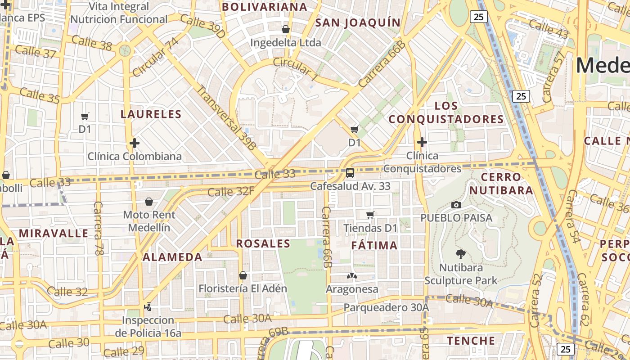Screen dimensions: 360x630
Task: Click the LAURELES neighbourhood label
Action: (x=151, y=114)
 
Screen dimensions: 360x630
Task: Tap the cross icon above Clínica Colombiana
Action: (x=134, y=143)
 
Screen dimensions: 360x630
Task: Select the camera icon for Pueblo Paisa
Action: (x=456, y=205)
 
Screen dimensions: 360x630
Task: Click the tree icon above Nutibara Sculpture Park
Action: (x=460, y=254)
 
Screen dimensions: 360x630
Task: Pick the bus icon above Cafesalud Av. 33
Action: (x=350, y=172)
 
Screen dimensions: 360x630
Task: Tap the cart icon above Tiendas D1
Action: (x=370, y=215)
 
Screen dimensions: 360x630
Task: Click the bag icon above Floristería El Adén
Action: (x=243, y=275)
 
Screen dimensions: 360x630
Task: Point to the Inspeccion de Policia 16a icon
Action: (x=148, y=307)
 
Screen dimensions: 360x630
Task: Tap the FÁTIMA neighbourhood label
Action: (x=374, y=246)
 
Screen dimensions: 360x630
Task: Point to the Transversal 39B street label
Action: (x=226, y=117)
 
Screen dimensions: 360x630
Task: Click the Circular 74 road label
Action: (x=155, y=57)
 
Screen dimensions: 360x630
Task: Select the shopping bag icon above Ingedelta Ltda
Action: (x=285, y=30)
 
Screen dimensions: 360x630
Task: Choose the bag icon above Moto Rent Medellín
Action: (x=149, y=202)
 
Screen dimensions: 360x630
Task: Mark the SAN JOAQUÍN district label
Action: (x=358, y=23)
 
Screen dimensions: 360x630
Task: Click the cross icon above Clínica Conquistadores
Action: (x=422, y=143)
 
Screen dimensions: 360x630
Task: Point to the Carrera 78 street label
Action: (x=99, y=229)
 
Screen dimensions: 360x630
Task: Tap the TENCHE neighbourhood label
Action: (x=471, y=341)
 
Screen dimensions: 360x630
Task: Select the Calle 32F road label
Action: (x=231, y=192)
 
